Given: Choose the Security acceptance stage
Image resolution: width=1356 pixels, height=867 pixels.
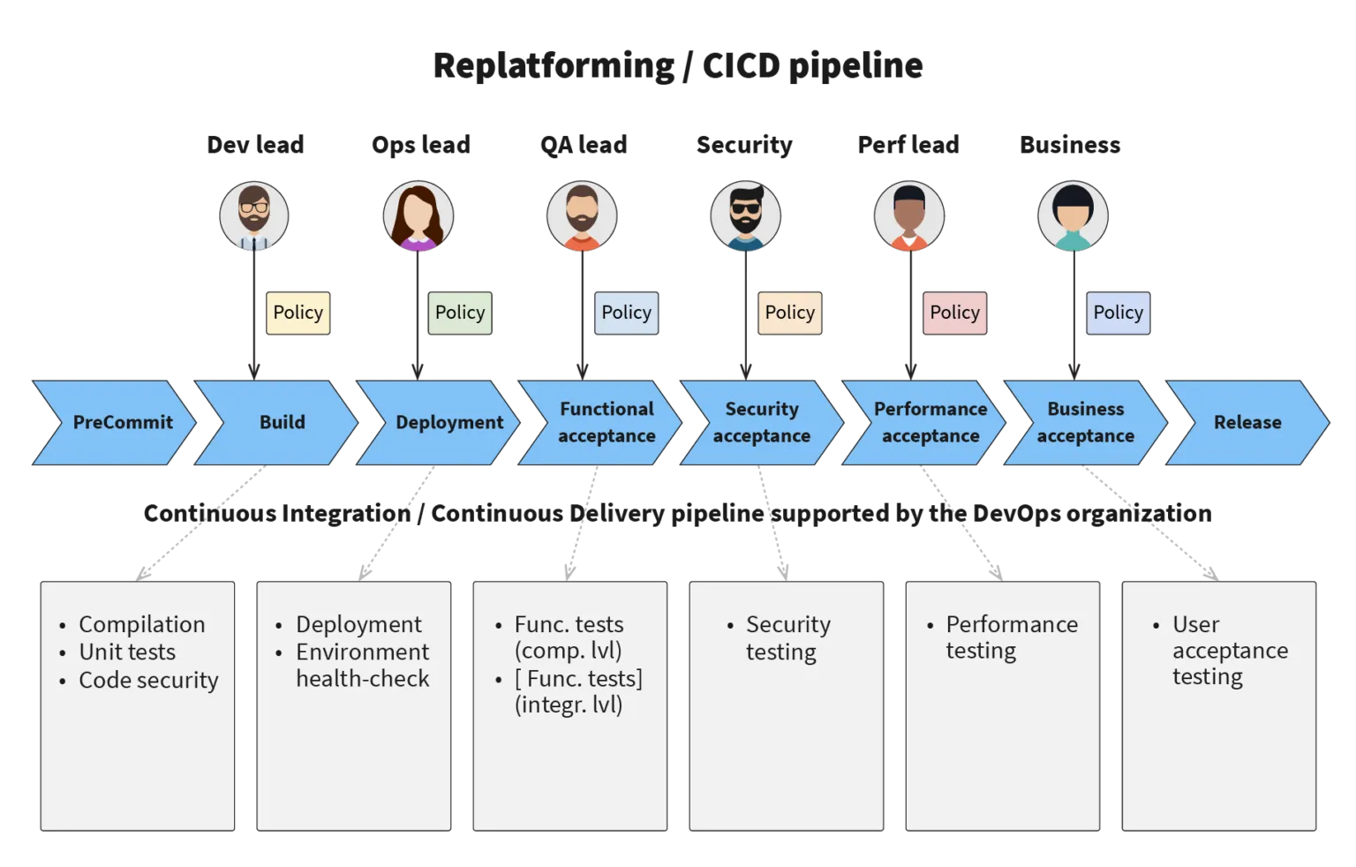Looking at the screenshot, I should pyautogui.click(x=761, y=422).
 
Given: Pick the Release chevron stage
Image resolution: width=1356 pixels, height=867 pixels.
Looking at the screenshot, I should pyautogui.click(x=1247, y=422).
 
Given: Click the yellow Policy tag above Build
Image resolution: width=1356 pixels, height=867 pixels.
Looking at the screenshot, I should pyautogui.click(x=298, y=313).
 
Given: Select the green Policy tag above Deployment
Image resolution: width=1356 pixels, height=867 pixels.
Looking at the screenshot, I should pyautogui.click(x=459, y=313).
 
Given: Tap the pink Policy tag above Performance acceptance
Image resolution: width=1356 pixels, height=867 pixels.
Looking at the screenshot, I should pyautogui.click(x=954, y=313).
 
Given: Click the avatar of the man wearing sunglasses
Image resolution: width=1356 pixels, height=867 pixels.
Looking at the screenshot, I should pyautogui.click(x=745, y=216).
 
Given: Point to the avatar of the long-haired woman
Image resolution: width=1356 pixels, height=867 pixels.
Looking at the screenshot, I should pyautogui.click(x=418, y=216).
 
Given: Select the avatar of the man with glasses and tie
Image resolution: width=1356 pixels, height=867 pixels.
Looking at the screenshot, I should pyautogui.click(x=254, y=216).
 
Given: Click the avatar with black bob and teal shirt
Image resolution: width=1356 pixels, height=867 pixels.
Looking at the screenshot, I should pyautogui.click(x=1073, y=216).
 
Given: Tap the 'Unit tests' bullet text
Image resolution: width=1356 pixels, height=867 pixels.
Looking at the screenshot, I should pyautogui.click(x=127, y=652).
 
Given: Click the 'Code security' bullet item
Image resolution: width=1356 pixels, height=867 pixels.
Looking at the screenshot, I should pyautogui.click(x=148, y=681).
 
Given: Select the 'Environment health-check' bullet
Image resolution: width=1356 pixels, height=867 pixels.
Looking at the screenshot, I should pyautogui.click(x=362, y=666).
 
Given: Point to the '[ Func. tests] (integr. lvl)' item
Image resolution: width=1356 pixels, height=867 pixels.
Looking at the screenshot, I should pyautogui.click(x=577, y=692).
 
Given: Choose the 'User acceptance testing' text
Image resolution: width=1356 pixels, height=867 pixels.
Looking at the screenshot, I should pyautogui.click(x=1228, y=651).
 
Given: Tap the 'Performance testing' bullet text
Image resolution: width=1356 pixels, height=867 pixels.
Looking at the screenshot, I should pyautogui.click(x=1010, y=638).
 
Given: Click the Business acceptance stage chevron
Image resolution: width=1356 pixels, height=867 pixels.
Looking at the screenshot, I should pyautogui.click(x=1085, y=422).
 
